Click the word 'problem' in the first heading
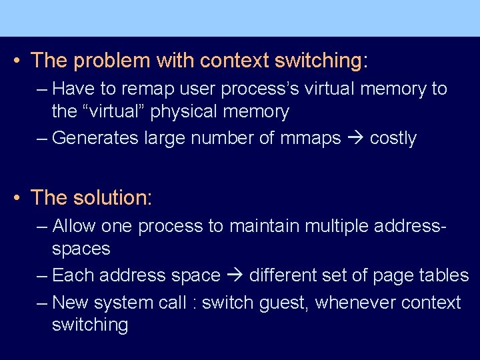(111, 61)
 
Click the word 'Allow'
(74, 226)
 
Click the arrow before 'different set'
(235, 276)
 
